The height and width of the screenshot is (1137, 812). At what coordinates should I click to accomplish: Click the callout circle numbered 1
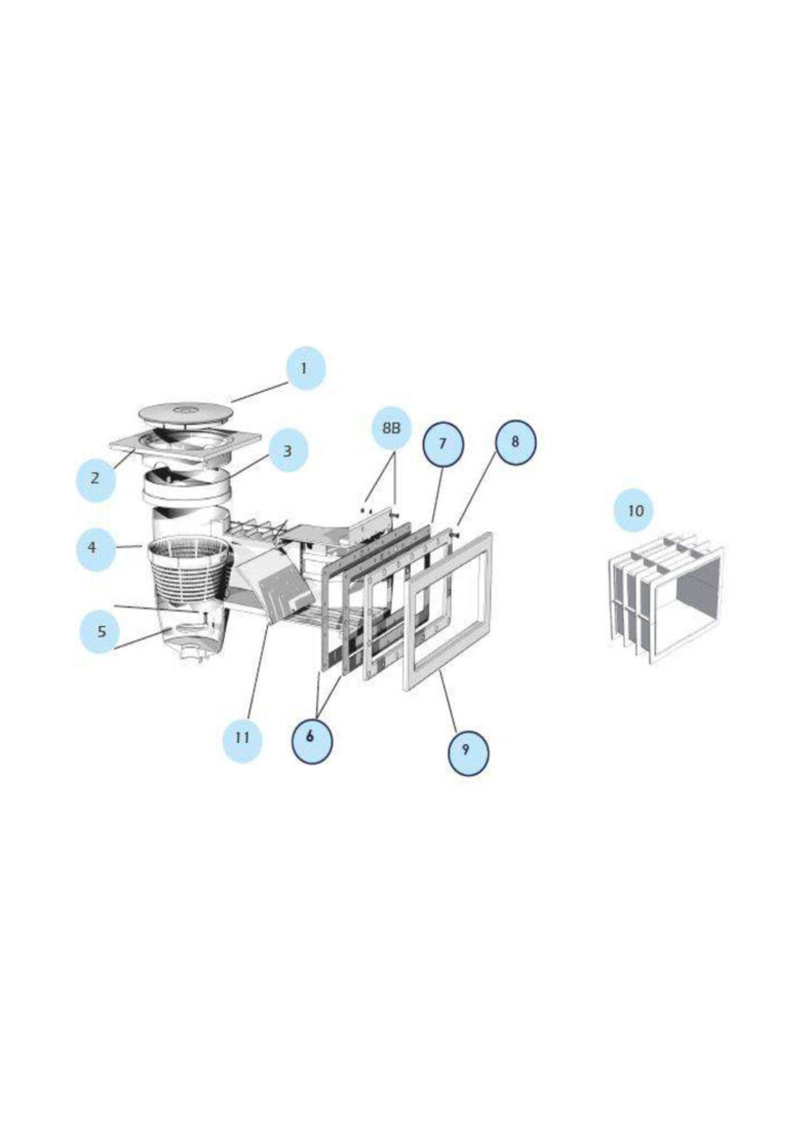306,369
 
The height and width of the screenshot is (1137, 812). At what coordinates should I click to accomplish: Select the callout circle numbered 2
95,477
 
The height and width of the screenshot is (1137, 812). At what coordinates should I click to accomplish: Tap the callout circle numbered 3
288,451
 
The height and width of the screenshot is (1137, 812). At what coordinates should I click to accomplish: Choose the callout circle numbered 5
101,631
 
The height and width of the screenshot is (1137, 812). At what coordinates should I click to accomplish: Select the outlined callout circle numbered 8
515,441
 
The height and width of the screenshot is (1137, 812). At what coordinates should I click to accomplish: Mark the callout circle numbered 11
242,737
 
